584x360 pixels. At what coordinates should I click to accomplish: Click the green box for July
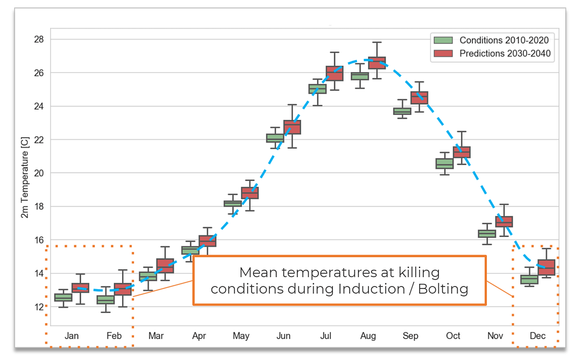(317, 89)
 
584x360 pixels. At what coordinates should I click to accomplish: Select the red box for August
(377, 63)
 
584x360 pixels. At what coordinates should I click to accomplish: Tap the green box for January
(63, 297)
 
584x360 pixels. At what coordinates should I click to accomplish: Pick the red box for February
(123, 289)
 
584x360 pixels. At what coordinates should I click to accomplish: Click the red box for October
(462, 152)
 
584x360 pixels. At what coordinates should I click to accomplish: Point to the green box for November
(487, 234)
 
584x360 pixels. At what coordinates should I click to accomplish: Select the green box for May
(233, 203)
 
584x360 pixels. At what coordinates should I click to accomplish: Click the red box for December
(546, 267)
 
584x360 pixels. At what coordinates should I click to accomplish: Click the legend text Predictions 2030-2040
(505, 53)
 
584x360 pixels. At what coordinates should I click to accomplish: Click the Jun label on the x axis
(283, 336)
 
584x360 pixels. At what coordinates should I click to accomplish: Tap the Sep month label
(411, 336)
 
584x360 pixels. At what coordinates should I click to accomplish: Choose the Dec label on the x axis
(538, 336)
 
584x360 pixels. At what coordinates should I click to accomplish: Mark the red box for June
(292, 127)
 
